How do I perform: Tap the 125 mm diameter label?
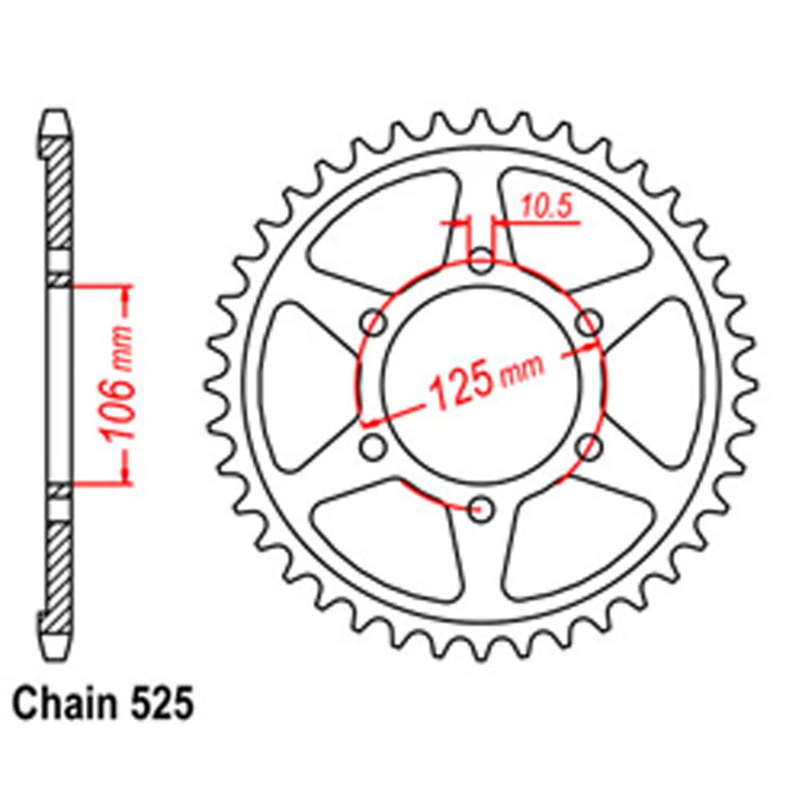[x=486, y=376]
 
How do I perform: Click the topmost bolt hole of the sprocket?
[x=480, y=260]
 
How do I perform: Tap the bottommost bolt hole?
[x=480, y=508]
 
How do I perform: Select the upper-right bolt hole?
[x=589, y=323]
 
